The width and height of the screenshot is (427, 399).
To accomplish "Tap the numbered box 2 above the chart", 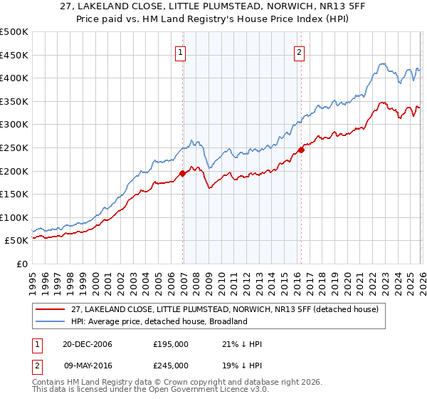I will [299, 52].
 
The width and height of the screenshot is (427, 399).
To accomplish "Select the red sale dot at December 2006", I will [183, 173].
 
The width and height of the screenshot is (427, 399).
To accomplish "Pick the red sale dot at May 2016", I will [301, 150].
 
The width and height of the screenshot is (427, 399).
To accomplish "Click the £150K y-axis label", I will [14, 194].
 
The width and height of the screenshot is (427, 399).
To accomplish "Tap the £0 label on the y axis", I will [22, 264].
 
